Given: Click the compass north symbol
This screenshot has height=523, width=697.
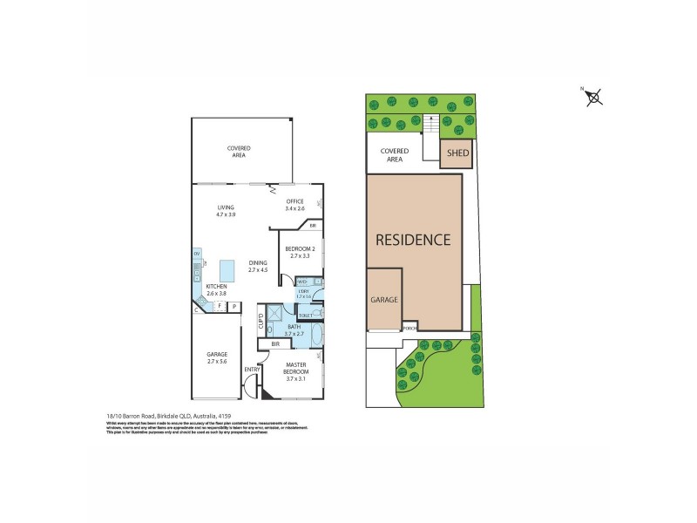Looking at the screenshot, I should [594, 96].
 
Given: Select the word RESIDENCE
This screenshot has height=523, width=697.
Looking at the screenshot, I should [413, 239].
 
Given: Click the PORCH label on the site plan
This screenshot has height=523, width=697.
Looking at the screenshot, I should [409, 328].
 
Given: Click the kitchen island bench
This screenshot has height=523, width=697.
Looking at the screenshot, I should [229, 268].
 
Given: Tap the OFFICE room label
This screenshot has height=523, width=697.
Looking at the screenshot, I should [294, 205].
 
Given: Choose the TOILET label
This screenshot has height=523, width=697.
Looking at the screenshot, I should [306, 314].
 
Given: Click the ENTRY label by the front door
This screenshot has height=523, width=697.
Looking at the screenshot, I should [253, 370].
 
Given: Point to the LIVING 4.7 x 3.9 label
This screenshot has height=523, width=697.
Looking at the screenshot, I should [226, 210].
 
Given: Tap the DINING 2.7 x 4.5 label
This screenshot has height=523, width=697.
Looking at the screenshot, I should [258, 266].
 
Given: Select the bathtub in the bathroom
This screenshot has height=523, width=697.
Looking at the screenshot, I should [316, 334].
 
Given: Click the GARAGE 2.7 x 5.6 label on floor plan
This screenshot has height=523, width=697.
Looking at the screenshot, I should [216, 357].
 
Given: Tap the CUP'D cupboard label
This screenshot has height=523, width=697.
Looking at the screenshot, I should [261, 321].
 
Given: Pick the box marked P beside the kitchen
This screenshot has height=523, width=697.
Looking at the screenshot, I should [233, 307].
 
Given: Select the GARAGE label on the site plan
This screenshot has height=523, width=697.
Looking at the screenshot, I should [385, 299].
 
